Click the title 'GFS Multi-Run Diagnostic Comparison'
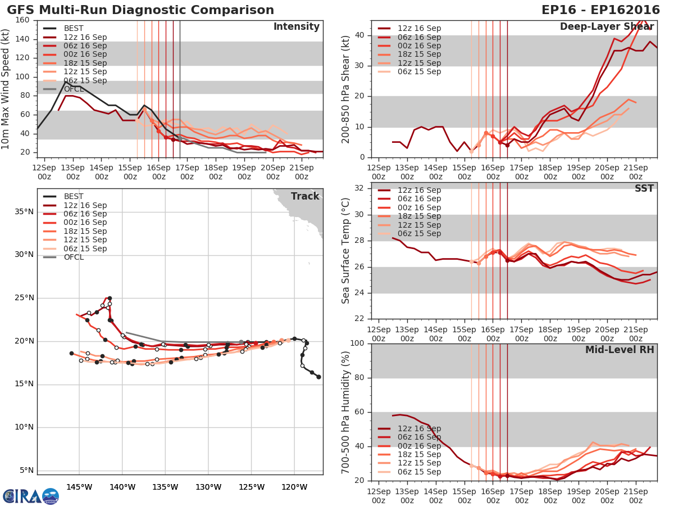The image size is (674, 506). tap(140, 10)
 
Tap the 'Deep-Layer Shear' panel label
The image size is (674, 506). tap(607, 27)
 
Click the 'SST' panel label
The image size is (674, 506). tap(644, 188)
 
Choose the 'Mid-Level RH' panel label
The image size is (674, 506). tap(620, 350)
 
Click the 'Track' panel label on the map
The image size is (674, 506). tap(305, 196)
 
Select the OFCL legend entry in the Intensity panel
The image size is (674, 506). tap(75, 89)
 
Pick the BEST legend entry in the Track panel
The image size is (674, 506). tap(74, 196)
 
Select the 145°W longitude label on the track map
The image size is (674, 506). tap(79, 486)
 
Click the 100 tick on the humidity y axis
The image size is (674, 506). tap(357, 343)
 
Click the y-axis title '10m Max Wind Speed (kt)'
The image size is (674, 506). tap(6, 89)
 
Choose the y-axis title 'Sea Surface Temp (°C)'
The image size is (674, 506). tap(346, 250)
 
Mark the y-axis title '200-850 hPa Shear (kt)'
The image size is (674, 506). tap(346, 89)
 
